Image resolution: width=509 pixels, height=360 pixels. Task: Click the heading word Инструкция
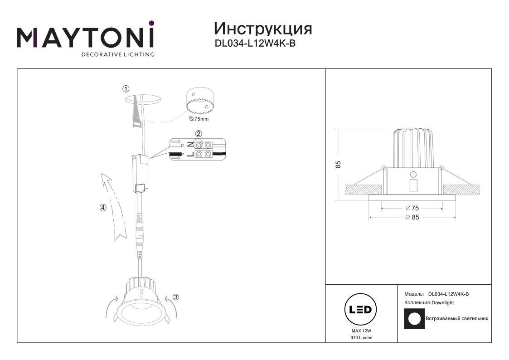263,29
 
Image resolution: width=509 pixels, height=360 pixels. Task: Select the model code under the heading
255,43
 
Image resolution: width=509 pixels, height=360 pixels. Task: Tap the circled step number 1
126,89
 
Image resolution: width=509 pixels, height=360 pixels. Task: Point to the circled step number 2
199,133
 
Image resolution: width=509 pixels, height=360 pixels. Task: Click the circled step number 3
175,297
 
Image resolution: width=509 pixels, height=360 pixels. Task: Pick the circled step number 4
103,208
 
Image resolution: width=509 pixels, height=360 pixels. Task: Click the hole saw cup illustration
200,101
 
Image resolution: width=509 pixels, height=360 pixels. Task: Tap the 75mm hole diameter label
199,119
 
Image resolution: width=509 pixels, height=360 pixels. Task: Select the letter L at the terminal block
190,154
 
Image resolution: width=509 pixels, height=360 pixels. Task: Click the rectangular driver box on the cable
140,174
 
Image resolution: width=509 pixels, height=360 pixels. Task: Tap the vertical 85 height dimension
338,164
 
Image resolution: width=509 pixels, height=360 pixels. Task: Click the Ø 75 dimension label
412,208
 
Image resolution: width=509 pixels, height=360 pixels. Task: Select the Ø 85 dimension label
412,217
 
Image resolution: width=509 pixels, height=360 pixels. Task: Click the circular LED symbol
360,309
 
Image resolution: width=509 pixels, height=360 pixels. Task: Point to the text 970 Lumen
361,338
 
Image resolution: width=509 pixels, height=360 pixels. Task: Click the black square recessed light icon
415,318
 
